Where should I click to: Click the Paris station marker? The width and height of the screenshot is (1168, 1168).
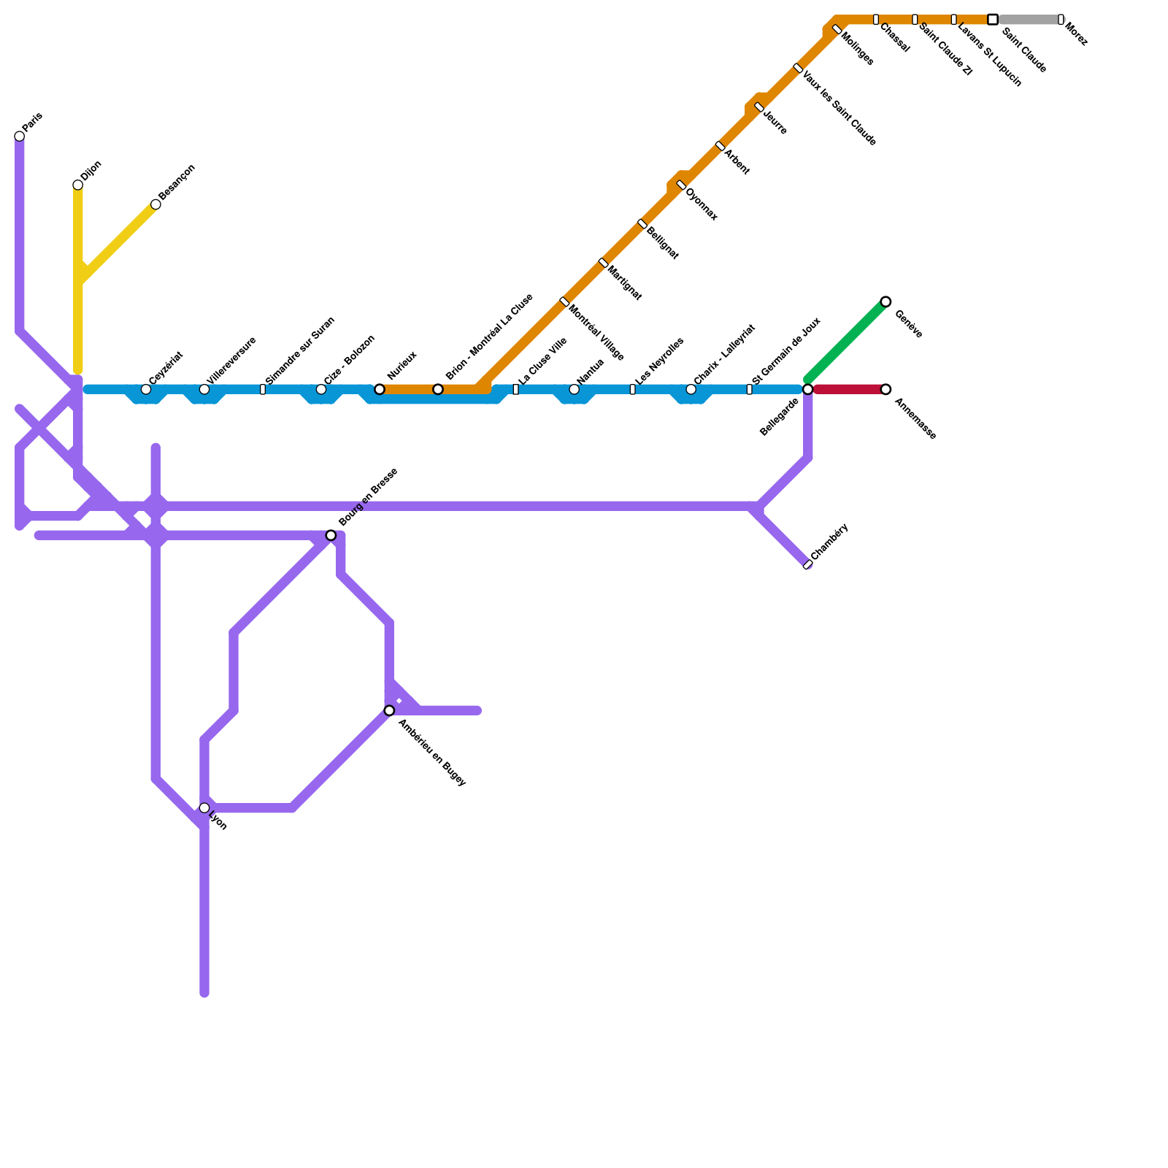[x=20, y=137]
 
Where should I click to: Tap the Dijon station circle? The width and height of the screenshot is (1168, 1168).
[x=78, y=185]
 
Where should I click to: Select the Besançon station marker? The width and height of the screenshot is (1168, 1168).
[x=155, y=204]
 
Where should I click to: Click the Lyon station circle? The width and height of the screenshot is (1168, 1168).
[x=204, y=808]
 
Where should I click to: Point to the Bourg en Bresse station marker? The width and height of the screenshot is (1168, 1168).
[x=331, y=536]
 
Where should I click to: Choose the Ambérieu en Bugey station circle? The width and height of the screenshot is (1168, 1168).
[x=389, y=710]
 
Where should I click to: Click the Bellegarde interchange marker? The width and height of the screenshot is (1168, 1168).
[x=807, y=389]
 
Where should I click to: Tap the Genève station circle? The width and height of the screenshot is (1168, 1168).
[x=885, y=301]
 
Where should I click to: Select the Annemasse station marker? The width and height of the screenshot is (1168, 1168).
[x=885, y=389]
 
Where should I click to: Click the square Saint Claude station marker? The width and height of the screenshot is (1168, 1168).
[x=993, y=20]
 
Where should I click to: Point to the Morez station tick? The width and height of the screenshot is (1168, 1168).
[x=1061, y=20]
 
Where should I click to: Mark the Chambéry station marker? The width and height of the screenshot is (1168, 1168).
[x=807, y=565]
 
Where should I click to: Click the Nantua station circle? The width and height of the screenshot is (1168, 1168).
[x=575, y=389]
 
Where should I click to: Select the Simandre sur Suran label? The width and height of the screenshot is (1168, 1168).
[x=299, y=350]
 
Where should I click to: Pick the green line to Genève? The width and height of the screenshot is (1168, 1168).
[x=847, y=341]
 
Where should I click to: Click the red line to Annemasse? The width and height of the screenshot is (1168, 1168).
[x=847, y=389]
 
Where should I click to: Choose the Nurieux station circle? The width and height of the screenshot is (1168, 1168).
[x=380, y=389]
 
